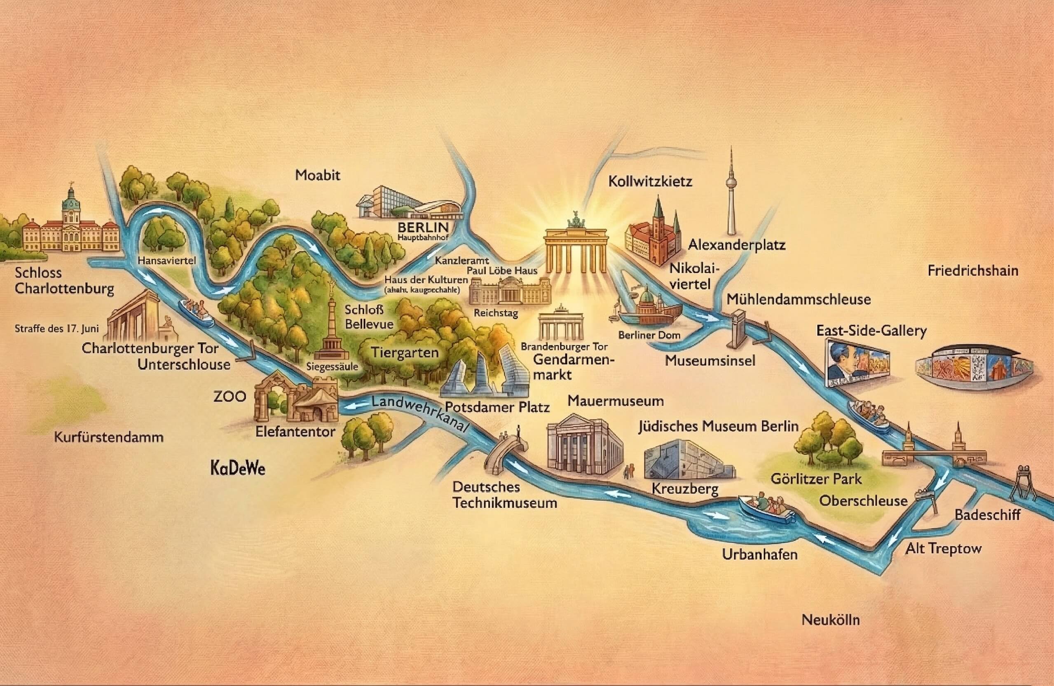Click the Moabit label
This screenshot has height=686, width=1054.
(x=318, y=176)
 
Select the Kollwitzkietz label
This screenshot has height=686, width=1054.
(x=650, y=182)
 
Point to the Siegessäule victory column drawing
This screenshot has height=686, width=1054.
(x=331, y=328)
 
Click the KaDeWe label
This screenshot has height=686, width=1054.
(x=238, y=468)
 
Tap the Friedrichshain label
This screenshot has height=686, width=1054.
(x=972, y=271)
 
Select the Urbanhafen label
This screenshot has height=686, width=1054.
(x=759, y=554)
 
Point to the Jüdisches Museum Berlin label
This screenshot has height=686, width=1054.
(x=718, y=426)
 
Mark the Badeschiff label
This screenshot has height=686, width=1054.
(x=987, y=515)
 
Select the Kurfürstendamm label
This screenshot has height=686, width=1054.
(x=108, y=437)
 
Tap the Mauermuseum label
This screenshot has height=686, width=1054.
(x=616, y=401)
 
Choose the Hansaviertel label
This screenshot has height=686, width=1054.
(x=166, y=261)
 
